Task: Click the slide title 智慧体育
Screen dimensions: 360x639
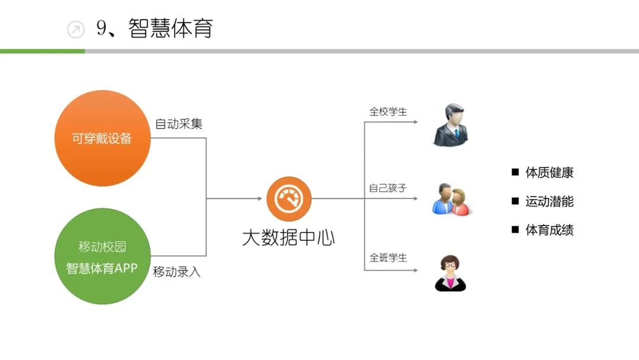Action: pos(170,28)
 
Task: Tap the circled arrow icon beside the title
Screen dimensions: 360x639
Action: pos(76,29)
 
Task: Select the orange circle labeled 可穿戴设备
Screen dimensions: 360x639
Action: pos(102,139)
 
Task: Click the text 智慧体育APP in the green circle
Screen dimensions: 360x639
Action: pos(102,268)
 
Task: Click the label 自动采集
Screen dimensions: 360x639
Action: pos(179,124)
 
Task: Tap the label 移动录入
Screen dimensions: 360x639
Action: pos(176,272)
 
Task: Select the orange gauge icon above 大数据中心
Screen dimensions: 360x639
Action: pos(289,199)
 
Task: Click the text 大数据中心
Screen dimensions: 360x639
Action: pos(289,237)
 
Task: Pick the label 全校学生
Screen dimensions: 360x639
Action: pos(388,111)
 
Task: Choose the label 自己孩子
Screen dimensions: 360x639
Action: pos(388,188)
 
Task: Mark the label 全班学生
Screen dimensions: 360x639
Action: pos(388,258)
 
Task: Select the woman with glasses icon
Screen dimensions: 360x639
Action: pos(450,274)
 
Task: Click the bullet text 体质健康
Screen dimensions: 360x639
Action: pos(549,173)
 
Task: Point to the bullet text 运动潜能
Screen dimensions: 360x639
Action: pos(549,201)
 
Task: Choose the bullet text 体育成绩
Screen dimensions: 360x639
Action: pos(549,230)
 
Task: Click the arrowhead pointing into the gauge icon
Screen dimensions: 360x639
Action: pos(260,199)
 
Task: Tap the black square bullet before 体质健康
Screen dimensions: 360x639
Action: pos(515,172)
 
